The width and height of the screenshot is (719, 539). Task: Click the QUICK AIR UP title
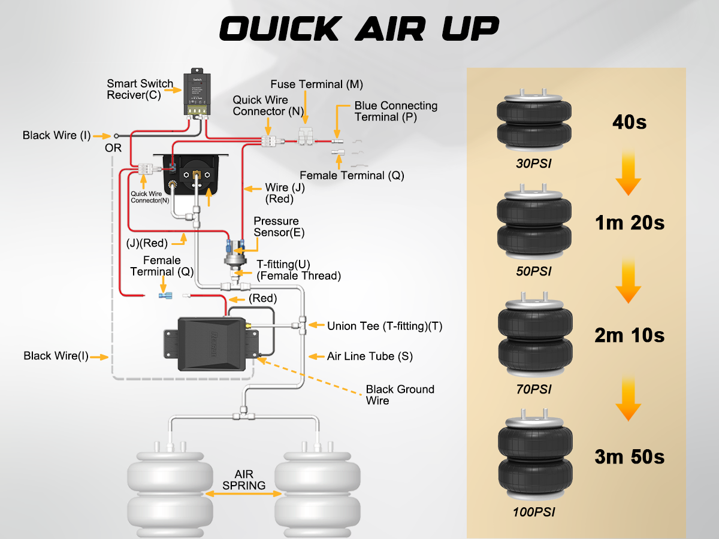pyautogui.click(x=359, y=28)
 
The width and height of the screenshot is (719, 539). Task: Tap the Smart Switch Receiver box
pyautogui.click(x=197, y=92)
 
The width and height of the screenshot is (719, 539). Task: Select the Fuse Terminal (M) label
pyautogui.click(x=316, y=84)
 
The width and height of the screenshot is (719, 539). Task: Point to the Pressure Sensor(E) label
pyautogui.click(x=276, y=227)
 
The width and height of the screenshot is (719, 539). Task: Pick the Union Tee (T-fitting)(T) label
pyautogui.click(x=384, y=326)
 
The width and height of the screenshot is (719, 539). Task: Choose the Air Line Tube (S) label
pyautogui.click(x=370, y=356)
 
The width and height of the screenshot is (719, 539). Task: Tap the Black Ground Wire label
pyautogui.click(x=400, y=395)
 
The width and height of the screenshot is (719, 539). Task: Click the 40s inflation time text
pyautogui.click(x=629, y=123)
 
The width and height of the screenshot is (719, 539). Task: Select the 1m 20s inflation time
pyautogui.click(x=629, y=223)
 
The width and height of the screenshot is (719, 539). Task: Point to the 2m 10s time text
pyautogui.click(x=629, y=335)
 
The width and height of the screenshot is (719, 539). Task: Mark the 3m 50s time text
pyautogui.click(x=629, y=457)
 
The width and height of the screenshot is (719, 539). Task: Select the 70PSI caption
pyautogui.click(x=533, y=390)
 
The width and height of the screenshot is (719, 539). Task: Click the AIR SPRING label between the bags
pyautogui.click(x=244, y=480)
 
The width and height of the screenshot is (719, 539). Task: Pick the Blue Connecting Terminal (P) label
pyautogui.click(x=395, y=111)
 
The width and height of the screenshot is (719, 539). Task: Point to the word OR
pyautogui.click(x=113, y=147)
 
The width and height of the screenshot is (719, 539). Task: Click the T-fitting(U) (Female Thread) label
pyautogui.click(x=298, y=270)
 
